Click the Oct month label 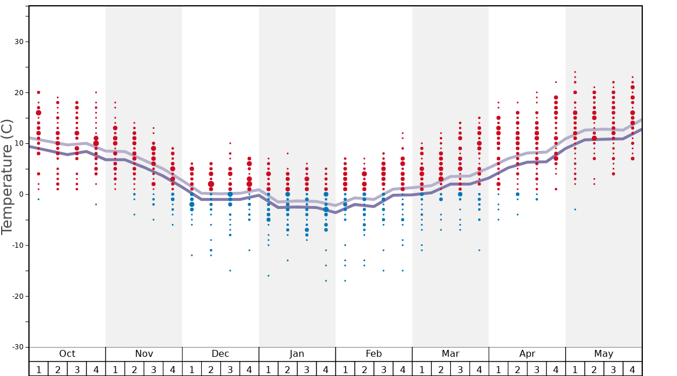(x=67, y=354)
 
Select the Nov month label (x=144, y=354)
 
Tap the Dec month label (x=220, y=354)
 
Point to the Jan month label (x=297, y=354)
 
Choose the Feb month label (x=374, y=354)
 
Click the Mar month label (x=450, y=354)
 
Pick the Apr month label (x=527, y=354)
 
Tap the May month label (x=603, y=354)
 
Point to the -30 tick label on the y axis (x=17, y=347)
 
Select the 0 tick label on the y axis (x=21, y=194)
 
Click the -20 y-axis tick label (x=17, y=297)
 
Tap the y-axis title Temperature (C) (x=8, y=176)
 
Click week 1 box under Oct (x=38, y=369)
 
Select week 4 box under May (x=632, y=369)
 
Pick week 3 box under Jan (x=307, y=369)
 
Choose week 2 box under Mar (x=441, y=369)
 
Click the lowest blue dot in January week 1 (x=268, y=276)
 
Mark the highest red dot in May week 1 (x=575, y=72)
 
